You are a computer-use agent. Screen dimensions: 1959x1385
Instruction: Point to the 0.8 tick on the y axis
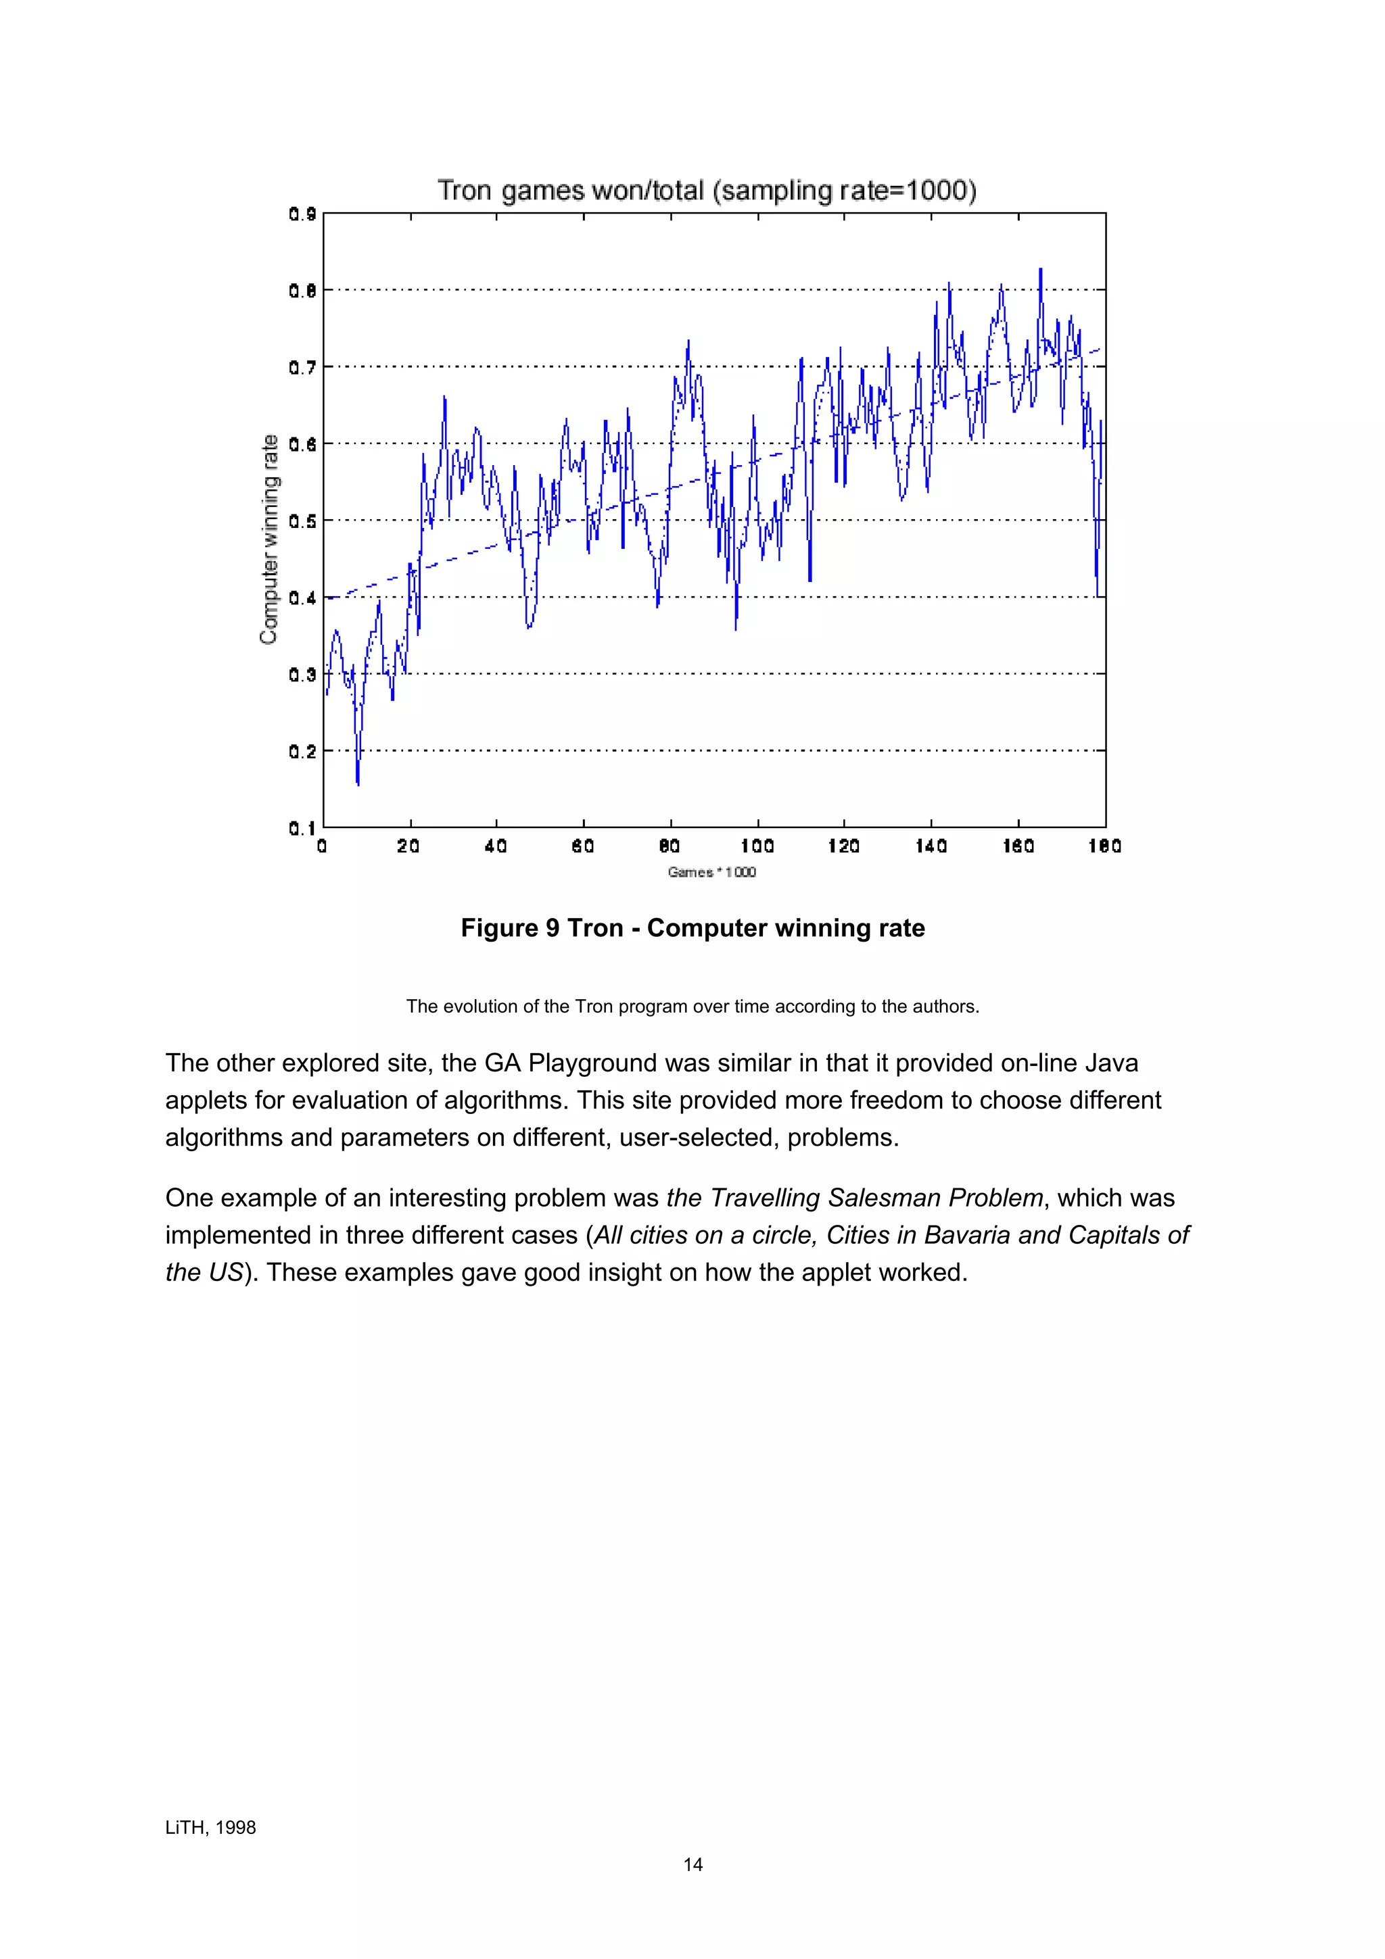coord(302,291)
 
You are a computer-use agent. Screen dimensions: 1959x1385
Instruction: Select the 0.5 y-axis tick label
coord(302,521)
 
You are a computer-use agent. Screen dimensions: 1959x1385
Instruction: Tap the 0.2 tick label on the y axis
coord(302,752)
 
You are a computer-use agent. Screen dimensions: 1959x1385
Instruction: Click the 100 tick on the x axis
coord(757,846)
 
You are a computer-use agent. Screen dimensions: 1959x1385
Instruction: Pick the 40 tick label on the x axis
coord(496,846)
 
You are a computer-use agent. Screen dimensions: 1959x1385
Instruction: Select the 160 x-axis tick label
coord(1018,846)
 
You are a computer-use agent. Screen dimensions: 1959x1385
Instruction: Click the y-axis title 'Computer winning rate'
coord(270,539)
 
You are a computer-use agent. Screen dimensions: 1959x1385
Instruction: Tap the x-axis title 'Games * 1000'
coord(711,872)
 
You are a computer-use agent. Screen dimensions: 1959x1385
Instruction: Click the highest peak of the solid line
coord(1040,270)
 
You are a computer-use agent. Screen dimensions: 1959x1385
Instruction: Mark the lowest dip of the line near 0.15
coord(358,783)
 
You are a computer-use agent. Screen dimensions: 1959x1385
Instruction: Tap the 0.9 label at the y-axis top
coord(302,214)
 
